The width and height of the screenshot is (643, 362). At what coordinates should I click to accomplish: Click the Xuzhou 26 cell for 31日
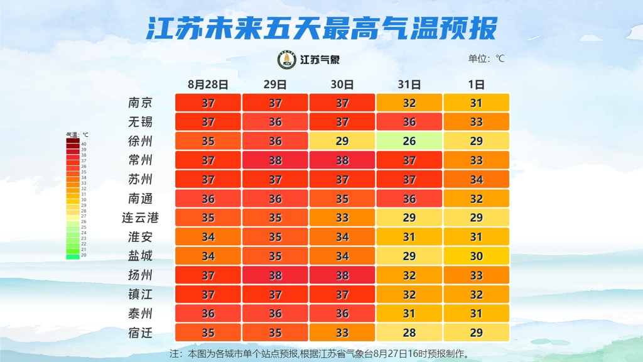click(409, 141)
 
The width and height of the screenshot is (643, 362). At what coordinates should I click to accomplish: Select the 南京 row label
click(140, 102)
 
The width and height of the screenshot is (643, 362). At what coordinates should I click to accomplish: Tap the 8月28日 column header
click(208, 84)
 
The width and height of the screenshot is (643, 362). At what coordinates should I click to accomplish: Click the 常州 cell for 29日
click(275, 160)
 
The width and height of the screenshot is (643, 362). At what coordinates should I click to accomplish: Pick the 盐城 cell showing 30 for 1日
click(477, 256)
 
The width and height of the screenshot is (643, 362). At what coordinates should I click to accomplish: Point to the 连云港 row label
click(140, 217)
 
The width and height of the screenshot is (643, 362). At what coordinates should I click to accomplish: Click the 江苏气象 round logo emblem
click(288, 60)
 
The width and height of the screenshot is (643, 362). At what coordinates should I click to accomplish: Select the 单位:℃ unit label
click(486, 59)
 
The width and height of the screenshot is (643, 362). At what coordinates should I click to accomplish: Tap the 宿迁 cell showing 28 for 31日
click(409, 332)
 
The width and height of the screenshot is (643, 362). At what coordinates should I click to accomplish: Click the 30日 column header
click(342, 84)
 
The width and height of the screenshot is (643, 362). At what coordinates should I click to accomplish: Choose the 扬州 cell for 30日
click(342, 275)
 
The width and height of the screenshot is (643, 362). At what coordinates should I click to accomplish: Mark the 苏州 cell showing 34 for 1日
click(477, 179)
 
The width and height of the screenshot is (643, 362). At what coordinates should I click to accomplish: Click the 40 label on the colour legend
click(84, 144)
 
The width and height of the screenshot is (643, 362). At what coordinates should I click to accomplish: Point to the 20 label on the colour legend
click(84, 256)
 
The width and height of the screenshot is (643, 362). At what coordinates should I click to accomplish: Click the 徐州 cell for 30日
click(342, 141)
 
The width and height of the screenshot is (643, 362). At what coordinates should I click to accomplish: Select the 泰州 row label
click(140, 314)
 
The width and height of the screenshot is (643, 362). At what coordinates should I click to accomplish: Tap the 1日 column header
click(477, 84)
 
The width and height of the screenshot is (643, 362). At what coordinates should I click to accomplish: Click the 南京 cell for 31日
click(409, 102)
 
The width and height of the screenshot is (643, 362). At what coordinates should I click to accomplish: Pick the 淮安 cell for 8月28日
click(208, 237)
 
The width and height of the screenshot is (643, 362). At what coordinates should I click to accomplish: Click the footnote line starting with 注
click(320, 353)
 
